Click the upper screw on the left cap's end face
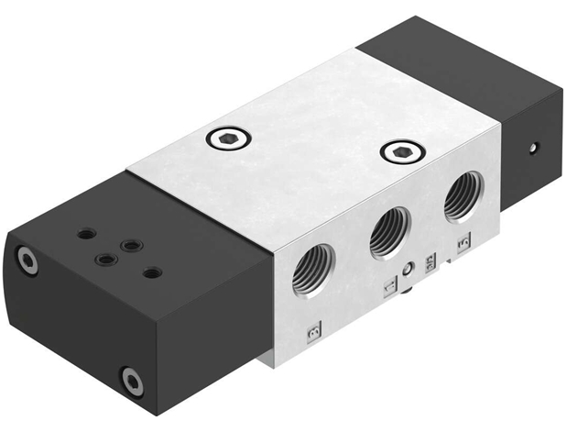click(28, 262)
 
